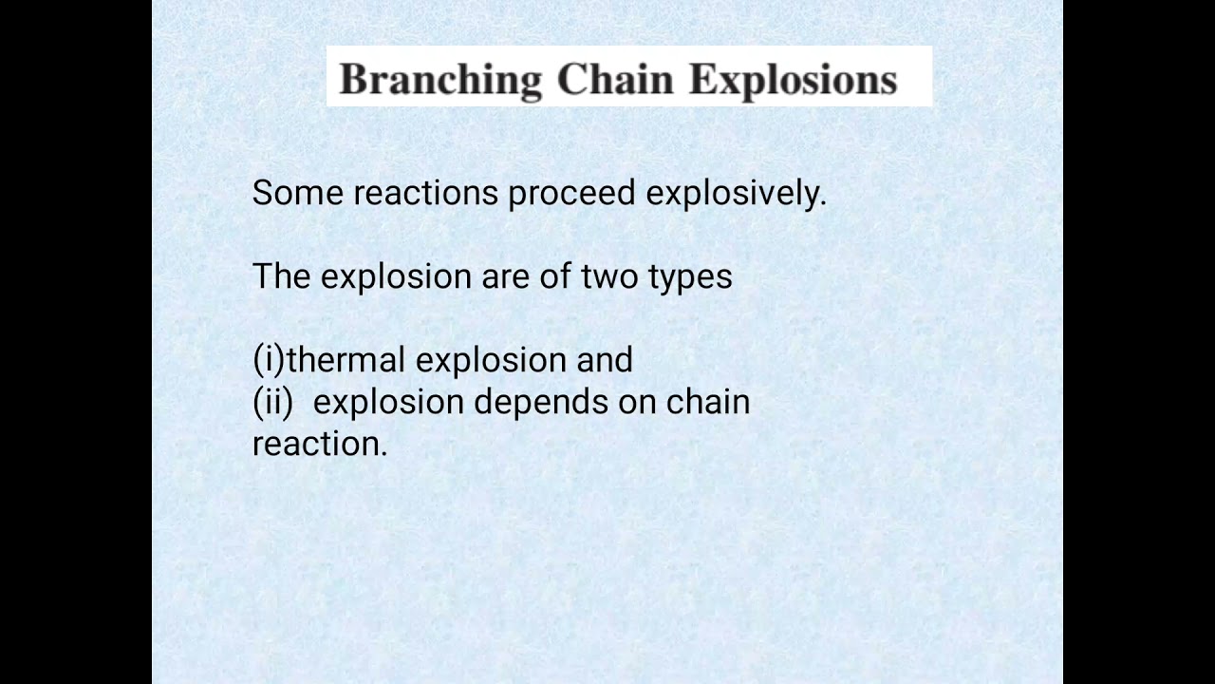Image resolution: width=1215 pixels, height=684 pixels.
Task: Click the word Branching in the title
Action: (x=440, y=80)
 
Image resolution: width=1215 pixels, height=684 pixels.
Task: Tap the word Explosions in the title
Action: (x=794, y=80)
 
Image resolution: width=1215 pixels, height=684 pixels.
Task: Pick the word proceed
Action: (x=571, y=194)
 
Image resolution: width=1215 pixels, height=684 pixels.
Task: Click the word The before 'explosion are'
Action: (x=282, y=277)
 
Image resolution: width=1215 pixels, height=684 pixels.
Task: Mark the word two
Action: (x=612, y=277)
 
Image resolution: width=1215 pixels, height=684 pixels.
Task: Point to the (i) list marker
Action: (x=268, y=361)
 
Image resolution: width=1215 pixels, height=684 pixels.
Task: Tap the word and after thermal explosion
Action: (x=605, y=361)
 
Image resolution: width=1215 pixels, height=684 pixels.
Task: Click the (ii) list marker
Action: (x=273, y=402)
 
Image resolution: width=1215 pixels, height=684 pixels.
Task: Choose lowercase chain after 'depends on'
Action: (x=708, y=402)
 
